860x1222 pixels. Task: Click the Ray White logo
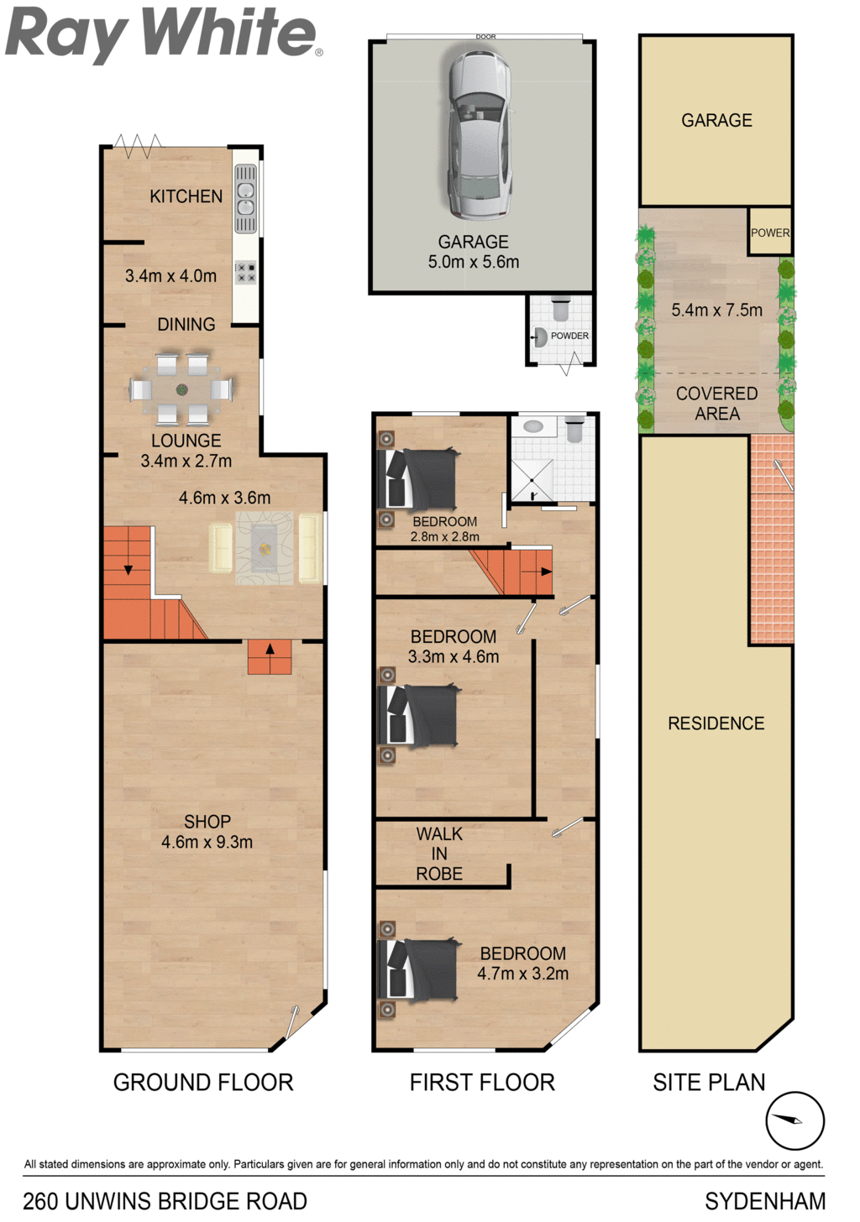163,34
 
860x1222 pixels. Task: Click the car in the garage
480,135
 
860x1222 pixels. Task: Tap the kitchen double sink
245,199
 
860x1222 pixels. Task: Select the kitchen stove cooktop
245,272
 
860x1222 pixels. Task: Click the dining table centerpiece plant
181,389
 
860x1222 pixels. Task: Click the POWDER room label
569,336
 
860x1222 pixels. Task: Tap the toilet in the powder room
561,309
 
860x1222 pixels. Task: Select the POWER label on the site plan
770,233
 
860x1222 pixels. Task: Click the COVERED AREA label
716,404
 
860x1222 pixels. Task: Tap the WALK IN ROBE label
439,854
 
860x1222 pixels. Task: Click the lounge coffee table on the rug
265,549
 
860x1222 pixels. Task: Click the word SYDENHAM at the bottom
765,1202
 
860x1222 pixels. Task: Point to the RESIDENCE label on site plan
716,723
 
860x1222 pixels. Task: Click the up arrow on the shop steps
270,650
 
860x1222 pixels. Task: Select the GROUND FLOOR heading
203,1083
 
